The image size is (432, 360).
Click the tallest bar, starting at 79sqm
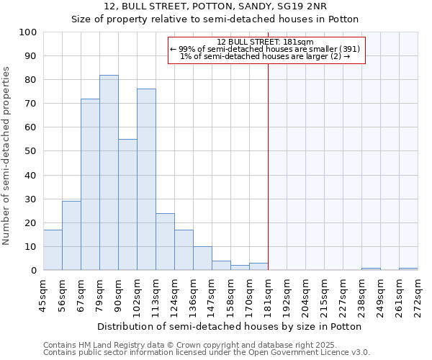click(109, 173)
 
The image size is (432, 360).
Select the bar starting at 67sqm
click(90, 184)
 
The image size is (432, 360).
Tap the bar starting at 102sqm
click(146, 179)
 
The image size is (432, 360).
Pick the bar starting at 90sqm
click(127, 204)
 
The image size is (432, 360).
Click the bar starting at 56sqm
click(71, 235)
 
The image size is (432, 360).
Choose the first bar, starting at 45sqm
click(53, 250)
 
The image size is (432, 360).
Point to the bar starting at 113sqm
click(165, 241)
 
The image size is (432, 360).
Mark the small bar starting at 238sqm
click(371, 269)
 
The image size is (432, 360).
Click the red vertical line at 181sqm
click(268, 158)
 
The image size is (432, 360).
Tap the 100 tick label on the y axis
click(28, 32)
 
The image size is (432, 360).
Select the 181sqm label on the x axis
click(269, 294)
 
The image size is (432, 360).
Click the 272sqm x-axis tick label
click(418, 294)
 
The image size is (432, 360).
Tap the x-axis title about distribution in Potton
click(229, 326)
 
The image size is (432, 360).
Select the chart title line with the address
click(215, 6)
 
